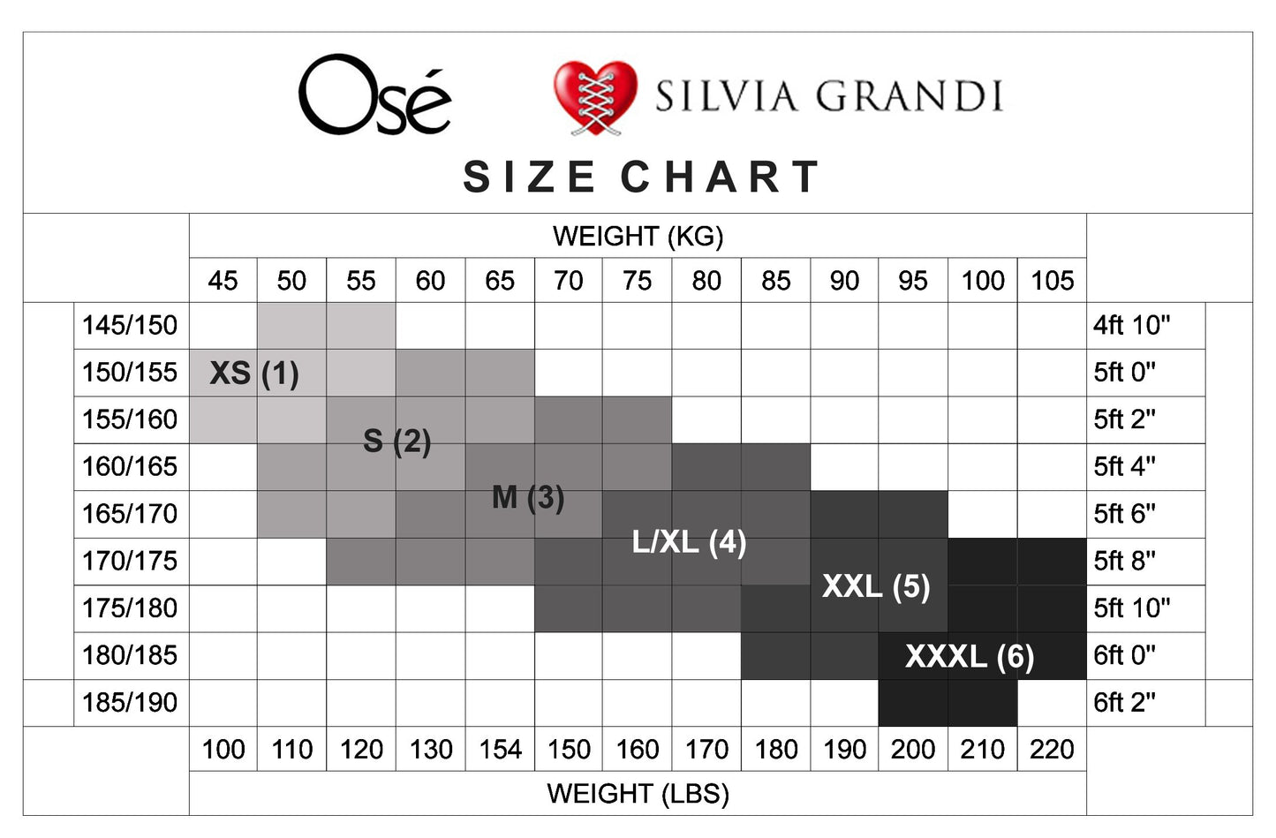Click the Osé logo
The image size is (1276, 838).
pyautogui.click(x=374, y=95)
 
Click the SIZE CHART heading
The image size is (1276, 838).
pyautogui.click(x=642, y=177)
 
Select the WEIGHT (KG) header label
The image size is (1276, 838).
pyautogui.click(x=638, y=237)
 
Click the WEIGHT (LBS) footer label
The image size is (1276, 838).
pyautogui.click(x=638, y=793)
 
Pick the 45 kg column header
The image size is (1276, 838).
pyautogui.click(x=223, y=281)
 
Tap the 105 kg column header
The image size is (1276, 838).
pyautogui.click(x=1052, y=281)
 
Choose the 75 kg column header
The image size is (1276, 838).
pyautogui.click(x=637, y=281)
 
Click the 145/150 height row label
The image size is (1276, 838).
pyautogui.click(x=130, y=325)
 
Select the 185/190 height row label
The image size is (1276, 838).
pyautogui.click(x=130, y=702)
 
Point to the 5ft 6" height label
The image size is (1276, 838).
pyautogui.click(x=1124, y=513)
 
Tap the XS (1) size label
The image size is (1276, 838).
pyautogui.click(x=254, y=374)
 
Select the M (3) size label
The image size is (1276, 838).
pyautogui.click(x=528, y=497)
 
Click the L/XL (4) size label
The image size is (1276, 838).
pyautogui.click(x=689, y=542)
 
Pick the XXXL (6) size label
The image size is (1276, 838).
pyautogui.click(x=970, y=656)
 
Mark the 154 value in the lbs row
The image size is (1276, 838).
pyautogui.click(x=500, y=750)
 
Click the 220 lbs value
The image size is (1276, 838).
pyautogui.click(x=1052, y=750)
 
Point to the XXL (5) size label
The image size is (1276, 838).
pyautogui.click(x=876, y=586)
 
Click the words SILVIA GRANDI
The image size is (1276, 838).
pyautogui.click(x=828, y=96)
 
